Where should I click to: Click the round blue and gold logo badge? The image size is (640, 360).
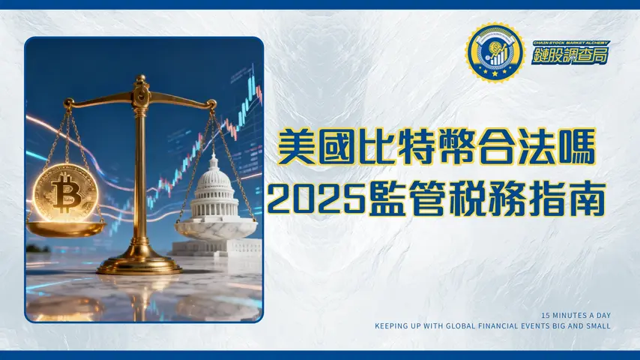pyautogui.click(x=494, y=52)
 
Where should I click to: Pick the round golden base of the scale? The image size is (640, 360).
pyautogui.click(x=139, y=264)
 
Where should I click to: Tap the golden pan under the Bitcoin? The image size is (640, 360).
pyautogui.click(x=66, y=226)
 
